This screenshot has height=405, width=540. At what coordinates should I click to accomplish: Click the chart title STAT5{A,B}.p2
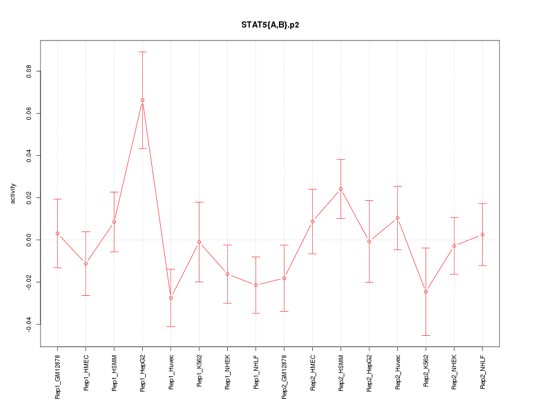tap(270, 25)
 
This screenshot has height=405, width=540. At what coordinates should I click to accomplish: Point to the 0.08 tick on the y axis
tap(29, 71)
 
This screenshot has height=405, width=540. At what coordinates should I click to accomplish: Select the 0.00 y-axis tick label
tap(29, 240)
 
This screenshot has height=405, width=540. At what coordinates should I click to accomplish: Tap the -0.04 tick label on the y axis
tap(29, 324)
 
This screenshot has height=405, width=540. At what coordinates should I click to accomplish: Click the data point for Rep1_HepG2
tap(142, 100)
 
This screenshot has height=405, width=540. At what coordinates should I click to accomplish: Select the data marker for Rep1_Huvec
tap(171, 298)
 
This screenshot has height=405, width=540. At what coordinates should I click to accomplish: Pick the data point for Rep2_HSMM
tap(341, 189)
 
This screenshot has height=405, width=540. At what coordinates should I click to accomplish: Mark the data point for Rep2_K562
tap(426, 291)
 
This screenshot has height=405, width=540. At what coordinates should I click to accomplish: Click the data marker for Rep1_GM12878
tap(57, 233)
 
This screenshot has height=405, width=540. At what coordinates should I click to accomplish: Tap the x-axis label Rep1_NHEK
tap(228, 372)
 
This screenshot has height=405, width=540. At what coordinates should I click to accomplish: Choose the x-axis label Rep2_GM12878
tap(285, 376)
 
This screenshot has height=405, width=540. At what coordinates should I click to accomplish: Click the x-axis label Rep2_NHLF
tap(483, 372)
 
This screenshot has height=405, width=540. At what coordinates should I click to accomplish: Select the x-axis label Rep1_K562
tap(199, 372)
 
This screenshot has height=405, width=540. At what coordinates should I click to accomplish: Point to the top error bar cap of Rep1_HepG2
tap(142, 52)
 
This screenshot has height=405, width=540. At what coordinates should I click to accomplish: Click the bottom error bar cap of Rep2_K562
tap(426, 335)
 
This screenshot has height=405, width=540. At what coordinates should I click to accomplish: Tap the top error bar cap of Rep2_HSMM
tap(341, 159)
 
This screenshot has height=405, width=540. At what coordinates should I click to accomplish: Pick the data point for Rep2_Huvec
tap(398, 218)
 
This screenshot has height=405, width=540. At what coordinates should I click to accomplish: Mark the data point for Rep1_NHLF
tap(256, 285)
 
